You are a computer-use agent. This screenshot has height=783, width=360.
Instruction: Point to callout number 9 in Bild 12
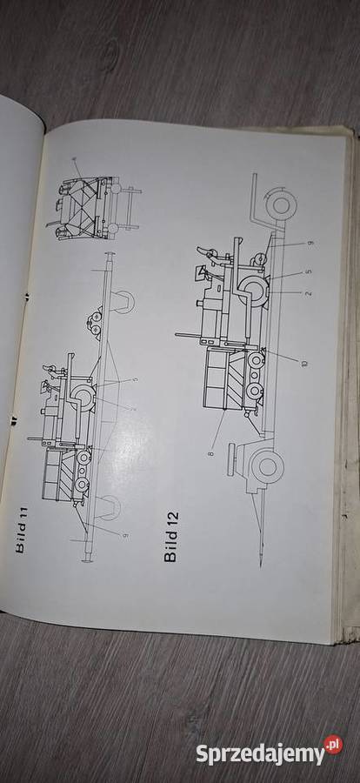tap(310, 243)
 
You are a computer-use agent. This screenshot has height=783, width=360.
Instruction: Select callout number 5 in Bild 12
tap(309, 271)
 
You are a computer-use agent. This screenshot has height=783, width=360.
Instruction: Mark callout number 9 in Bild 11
tap(127, 536)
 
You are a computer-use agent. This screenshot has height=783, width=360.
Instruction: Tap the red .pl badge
tap(332, 745)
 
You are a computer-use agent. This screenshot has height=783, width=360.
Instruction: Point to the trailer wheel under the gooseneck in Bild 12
tap(278, 205)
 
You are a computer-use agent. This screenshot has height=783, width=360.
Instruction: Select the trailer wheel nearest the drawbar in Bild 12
tap(266, 467)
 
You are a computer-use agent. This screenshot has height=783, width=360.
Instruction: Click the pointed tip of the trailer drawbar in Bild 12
tap(262, 553)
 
